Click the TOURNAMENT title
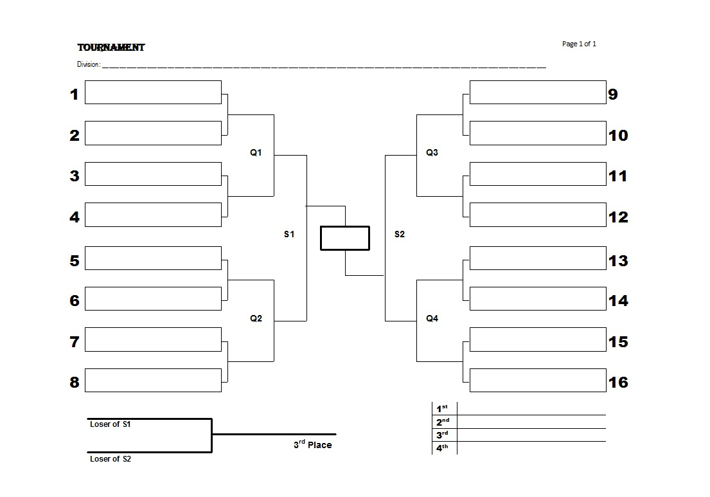[111, 48]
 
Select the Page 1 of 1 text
[579, 44]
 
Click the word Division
[88, 64]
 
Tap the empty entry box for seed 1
[153, 93]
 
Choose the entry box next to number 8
[153, 380]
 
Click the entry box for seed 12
[538, 215]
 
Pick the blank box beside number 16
[538, 380]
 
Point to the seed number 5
[75, 261]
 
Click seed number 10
[618, 136]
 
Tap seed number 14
[618, 301]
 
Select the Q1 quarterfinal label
[256, 152]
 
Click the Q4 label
[432, 318]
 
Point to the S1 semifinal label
[289, 234]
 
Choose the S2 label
[400, 234]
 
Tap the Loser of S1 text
[110, 424]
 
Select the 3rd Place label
[312, 444]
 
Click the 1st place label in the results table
[442, 408]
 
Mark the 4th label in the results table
[442, 448]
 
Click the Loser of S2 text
[110, 459]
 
